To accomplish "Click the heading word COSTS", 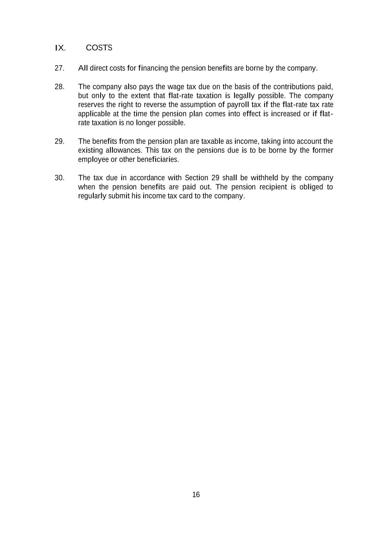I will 99,48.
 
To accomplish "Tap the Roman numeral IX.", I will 60,48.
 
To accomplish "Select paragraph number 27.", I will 60,68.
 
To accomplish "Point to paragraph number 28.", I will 60,87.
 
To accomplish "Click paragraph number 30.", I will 60,178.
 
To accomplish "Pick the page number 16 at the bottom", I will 196,495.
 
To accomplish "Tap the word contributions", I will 294,87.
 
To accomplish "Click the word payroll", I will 238,105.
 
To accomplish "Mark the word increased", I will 286,114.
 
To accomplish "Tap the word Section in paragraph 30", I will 196,178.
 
